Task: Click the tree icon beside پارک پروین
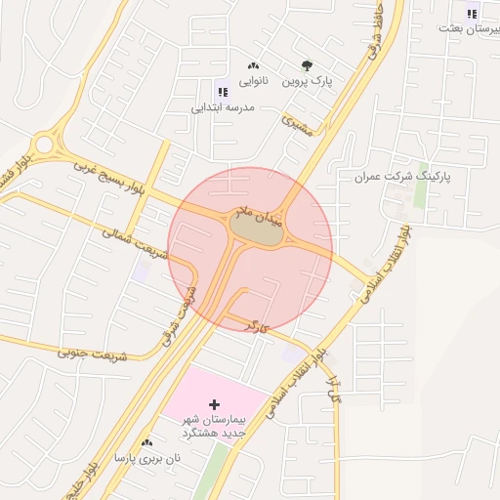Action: click(x=308, y=66)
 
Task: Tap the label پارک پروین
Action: click(x=308, y=82)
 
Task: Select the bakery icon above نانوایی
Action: click(x=255, y=64)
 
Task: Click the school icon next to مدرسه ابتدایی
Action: click(x=223, y=91)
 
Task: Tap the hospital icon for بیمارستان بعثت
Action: click(x=473, y=14)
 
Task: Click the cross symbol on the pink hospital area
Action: click(x=215, y=403)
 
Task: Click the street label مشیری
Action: click(x=297, y=125)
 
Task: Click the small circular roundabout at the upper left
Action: click(x=43, y=146)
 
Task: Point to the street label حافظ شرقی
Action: click(x=374, y=45)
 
